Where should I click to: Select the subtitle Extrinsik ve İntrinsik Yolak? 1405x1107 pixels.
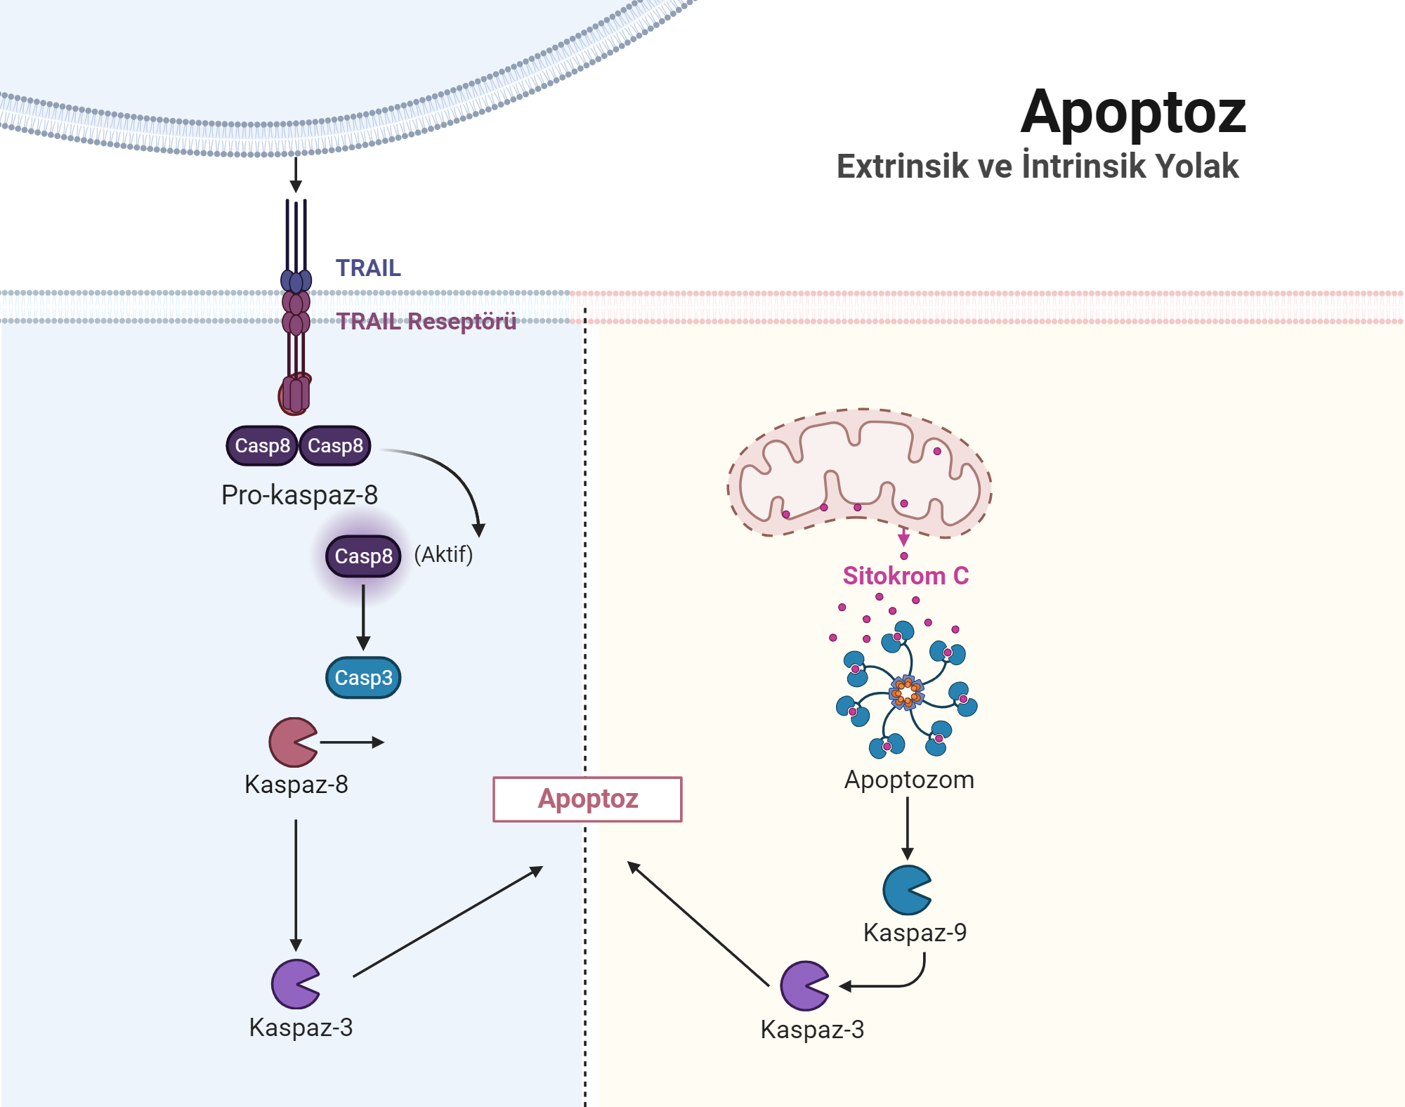[1037, 166]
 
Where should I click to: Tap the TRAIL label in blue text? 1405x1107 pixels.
[368, 268]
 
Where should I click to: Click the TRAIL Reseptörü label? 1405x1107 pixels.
[426, 321]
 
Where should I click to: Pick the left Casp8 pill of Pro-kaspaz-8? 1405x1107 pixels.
[262, 445]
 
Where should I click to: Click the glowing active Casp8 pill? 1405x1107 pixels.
[363, 556]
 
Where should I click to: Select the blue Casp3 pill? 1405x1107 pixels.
[363, 677]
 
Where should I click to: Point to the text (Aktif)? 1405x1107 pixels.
[443, 554]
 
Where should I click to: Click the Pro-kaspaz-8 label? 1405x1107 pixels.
[299, 494]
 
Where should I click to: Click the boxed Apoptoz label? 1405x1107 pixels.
[587, 799]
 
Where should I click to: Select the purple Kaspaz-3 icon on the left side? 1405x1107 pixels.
[294, 983]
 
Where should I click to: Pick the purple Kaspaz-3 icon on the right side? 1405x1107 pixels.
[803, 985]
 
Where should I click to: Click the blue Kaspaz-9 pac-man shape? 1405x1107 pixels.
[905, 890]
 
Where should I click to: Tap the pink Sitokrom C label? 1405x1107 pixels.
[906, 575]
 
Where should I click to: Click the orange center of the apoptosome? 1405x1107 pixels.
[907, 693]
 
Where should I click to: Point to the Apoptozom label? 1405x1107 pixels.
[909, 780]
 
